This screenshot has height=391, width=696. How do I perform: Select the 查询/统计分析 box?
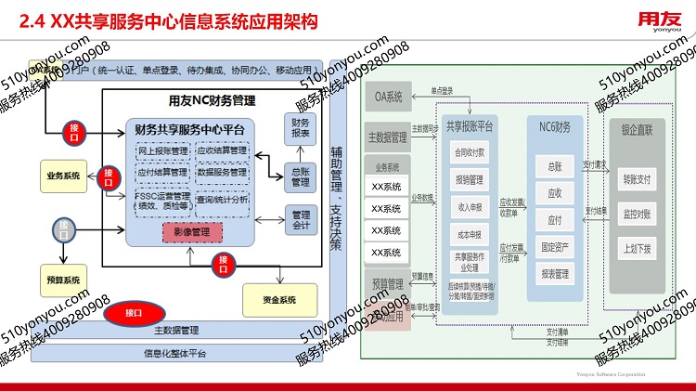(223, 198)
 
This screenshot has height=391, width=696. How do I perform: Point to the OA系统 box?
(387, 97)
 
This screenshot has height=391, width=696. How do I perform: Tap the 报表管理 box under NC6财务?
(555, 274)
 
